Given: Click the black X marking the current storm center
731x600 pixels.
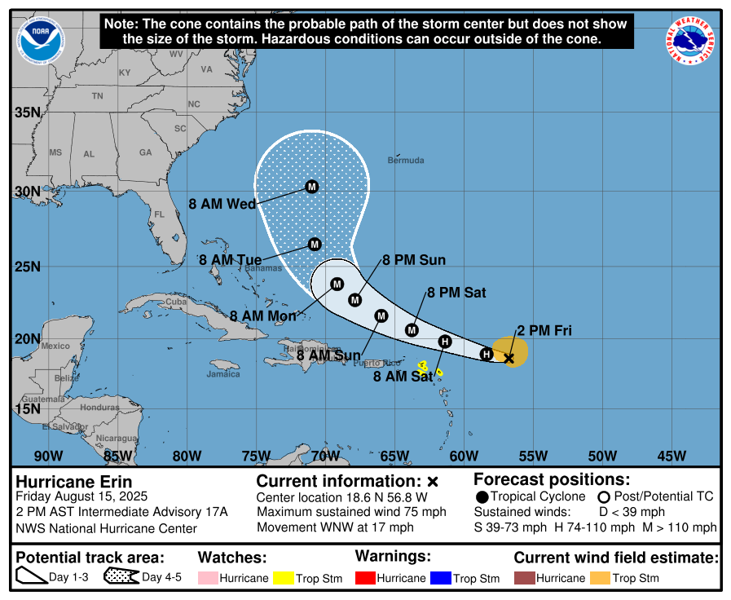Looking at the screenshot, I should (509, 358).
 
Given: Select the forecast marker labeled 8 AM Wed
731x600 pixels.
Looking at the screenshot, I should (311, 187).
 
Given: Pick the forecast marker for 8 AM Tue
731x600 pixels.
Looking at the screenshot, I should (315, 244).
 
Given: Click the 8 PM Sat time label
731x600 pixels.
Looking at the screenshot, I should (456, 293).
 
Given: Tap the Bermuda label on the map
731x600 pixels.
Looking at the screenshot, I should (406, 160).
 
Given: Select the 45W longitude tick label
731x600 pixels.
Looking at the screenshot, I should (672, 456).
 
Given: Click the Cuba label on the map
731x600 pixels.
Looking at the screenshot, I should (177, 301).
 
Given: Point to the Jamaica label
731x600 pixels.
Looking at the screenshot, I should (223, 374).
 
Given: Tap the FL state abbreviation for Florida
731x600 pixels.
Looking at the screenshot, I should (160, 214).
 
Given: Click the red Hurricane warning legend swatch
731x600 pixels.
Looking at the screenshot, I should (368, 578).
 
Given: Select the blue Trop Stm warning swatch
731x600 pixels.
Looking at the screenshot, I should (440, 578).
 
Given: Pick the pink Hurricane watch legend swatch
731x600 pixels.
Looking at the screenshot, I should (209, 578).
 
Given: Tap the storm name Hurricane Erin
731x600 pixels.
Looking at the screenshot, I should (74, 482).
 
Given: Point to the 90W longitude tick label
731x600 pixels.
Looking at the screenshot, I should (48, 456).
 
